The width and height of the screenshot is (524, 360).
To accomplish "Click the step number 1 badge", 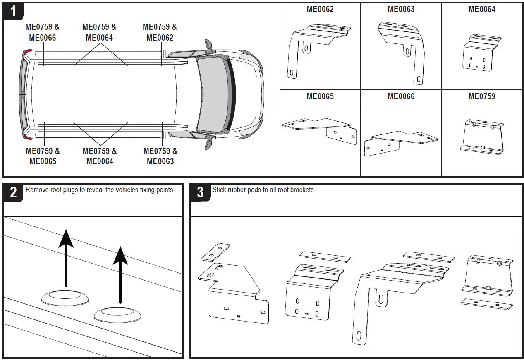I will [13, 11].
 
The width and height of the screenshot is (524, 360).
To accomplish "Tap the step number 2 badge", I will [13, 192].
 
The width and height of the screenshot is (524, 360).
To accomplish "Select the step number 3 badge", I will [200, 192].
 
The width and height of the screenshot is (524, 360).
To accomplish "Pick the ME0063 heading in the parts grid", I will [401, 9].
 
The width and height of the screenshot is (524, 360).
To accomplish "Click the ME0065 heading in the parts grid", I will [320, 96].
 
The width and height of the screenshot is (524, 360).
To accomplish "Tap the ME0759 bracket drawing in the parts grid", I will [482, 137].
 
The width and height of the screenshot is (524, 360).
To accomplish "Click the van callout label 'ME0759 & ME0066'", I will [42, 32].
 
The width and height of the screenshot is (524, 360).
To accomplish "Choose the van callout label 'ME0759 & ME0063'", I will [160, 156].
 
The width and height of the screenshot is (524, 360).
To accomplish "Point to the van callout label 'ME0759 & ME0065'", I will [43, 156].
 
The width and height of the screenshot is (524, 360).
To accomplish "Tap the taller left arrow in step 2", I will [66, 257].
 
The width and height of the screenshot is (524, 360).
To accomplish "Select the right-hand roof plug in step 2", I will [118, 315].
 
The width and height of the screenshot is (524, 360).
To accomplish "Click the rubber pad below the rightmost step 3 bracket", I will [486, 304].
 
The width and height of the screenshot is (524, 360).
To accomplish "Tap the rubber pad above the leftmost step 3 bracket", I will [215, 252].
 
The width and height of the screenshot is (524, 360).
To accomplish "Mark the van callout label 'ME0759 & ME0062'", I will [160, 32].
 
